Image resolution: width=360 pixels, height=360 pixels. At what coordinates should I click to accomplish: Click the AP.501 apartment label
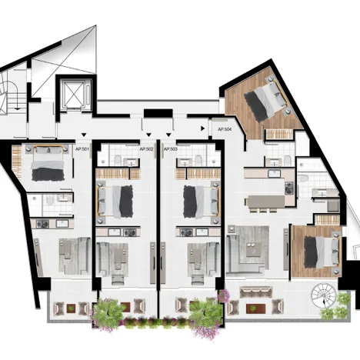[82, 148]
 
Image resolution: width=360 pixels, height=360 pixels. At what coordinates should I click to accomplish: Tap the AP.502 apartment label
[146, 149]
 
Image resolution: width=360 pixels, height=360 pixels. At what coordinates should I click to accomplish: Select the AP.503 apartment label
[171, 149]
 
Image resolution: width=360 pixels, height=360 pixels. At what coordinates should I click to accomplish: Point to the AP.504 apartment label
[225, 129]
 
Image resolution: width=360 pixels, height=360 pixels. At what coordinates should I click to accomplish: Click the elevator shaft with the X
[74, 94]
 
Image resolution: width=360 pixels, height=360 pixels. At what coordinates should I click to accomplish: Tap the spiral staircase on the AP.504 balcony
[323, 295]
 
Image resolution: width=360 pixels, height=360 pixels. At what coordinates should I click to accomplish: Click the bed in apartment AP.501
[48, 163]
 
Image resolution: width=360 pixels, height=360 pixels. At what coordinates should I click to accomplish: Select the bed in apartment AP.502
[115, 202]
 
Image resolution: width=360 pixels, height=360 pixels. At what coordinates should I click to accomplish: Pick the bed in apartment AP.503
[202, 202]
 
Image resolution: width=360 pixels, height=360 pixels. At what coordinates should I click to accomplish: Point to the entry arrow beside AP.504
[203, 128]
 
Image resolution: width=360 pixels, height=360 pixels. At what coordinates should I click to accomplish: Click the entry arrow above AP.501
[84, 135]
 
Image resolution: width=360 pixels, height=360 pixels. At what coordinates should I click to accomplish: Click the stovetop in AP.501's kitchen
[42, 225]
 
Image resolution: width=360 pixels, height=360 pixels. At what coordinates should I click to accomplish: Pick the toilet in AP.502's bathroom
[118, 160]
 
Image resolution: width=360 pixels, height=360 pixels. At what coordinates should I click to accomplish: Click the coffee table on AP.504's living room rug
[254, 249]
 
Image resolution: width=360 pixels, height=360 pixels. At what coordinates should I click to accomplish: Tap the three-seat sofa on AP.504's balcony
[256, 292]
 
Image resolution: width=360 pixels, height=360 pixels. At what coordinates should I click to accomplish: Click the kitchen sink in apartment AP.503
[202, 232]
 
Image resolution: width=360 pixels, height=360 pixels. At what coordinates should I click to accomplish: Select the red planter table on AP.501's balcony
[71, 308]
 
